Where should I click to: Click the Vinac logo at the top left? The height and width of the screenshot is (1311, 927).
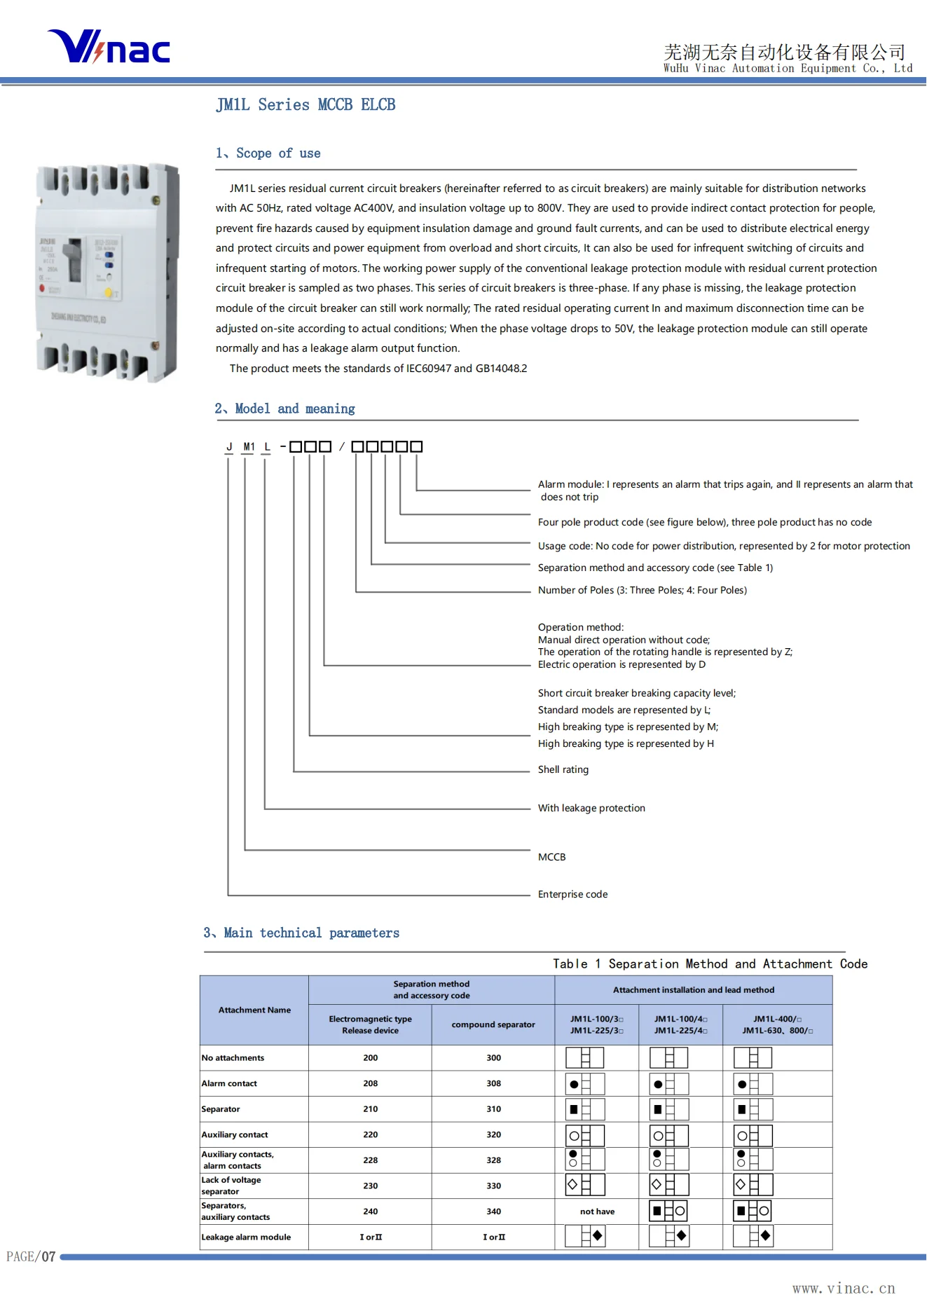pyautogui.click(x=109, y=47)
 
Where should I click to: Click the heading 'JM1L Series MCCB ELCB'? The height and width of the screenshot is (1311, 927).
pyautogui.click(x=305, y=105)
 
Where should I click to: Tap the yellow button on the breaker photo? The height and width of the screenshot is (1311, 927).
pyautogui.click(x=108, y=293)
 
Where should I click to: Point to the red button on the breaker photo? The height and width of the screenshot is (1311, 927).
pyautogui.click(x=43, y=288)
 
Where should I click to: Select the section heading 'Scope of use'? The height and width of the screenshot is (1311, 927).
pyautogui.click(x=268, y=153)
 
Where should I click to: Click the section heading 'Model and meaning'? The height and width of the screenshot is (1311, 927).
pyautogui.click(x=285, y=409)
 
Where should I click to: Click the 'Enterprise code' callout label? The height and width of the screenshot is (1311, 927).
pyautogui.click(x=572, y=894)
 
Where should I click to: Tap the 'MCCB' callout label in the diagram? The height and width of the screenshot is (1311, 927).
pyautogui.click(x=551, y=857)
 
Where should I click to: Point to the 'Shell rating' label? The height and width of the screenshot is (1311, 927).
pyautogui.click(x=563, y=769)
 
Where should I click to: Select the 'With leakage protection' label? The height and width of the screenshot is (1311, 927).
pyautogui.click(x=591, y=808)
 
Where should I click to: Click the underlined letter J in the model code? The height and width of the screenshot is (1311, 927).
pyautogui.click(x=229, y=446)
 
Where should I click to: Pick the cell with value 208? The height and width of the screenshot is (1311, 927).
pyautogui.click(x=370, y=1083)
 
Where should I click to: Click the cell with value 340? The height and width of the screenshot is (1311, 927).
pyautogui.click(x=493, y=1212)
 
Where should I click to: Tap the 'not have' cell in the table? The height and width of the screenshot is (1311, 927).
pyautogui.click(x=597, y=1212)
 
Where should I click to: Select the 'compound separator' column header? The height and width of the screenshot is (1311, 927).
pyautogui.click(x=493, y=1024)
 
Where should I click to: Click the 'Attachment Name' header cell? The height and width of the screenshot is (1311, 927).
pyautogui.click(x=254, y=1010)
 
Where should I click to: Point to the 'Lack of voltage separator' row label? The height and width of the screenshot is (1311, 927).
pyautogui.click(x=231, y=1186)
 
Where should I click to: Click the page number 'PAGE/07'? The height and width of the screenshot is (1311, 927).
pyautogui.click(x=31, y=1256)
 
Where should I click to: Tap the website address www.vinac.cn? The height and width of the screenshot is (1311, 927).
pyautogui.click(x=844, y=1288)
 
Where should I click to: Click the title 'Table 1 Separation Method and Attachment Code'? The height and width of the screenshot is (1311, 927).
pyautogui.click(x=710, y=964)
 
